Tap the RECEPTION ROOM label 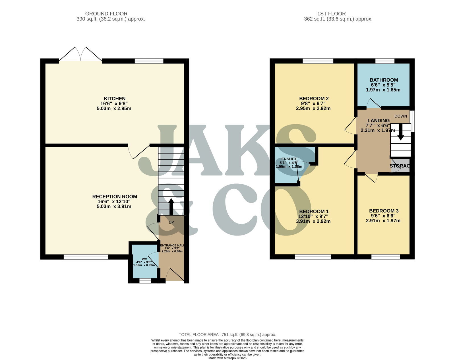114,196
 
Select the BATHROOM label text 383,80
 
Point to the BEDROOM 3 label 383,211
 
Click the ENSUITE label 289,159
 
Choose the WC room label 144,259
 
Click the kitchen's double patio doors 80,55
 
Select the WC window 145,281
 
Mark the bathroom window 385,61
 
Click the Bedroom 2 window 318,61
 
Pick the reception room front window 86,257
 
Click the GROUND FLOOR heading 106,14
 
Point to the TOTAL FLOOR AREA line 227,335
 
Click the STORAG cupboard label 400,166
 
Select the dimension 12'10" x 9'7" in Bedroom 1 313,216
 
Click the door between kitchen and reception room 138,151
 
